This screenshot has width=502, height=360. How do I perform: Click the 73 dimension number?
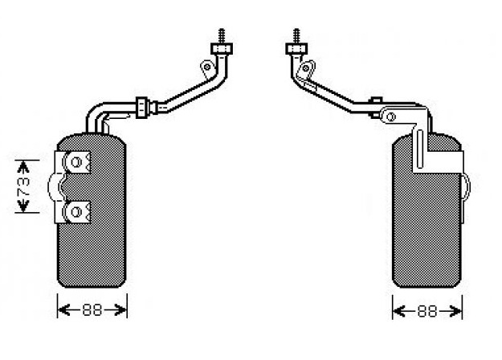click(24, 186)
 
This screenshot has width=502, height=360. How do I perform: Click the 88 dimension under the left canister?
click(92, 310)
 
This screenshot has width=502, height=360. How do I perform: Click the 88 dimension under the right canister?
click(427, 311)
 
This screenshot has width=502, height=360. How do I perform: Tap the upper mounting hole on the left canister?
click(76, 162)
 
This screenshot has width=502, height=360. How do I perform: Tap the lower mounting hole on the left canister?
click(76, 211)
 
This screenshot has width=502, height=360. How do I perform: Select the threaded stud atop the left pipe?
click(221, 36)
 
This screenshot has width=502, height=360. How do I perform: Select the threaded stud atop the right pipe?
click(296, 36)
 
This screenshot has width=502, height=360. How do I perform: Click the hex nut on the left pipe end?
click(222, 49)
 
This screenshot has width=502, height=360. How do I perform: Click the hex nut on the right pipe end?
click(296, 49)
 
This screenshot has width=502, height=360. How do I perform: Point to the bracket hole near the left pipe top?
click(207, 67)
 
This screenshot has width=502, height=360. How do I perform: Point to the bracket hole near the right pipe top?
click(306, 67)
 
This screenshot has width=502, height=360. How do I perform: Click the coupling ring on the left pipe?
click(142, 108)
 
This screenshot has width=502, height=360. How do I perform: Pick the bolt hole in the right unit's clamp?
click(390, 117)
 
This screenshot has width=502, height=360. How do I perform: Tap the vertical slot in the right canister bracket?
click(420, 149)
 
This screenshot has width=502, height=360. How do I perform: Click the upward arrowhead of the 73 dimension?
click(23, 166)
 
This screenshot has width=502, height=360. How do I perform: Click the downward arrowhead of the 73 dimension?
click(23, 206)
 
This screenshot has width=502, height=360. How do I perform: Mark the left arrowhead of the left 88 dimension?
click(63, 310)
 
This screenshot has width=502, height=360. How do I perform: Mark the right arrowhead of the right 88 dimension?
click(455, 311)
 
